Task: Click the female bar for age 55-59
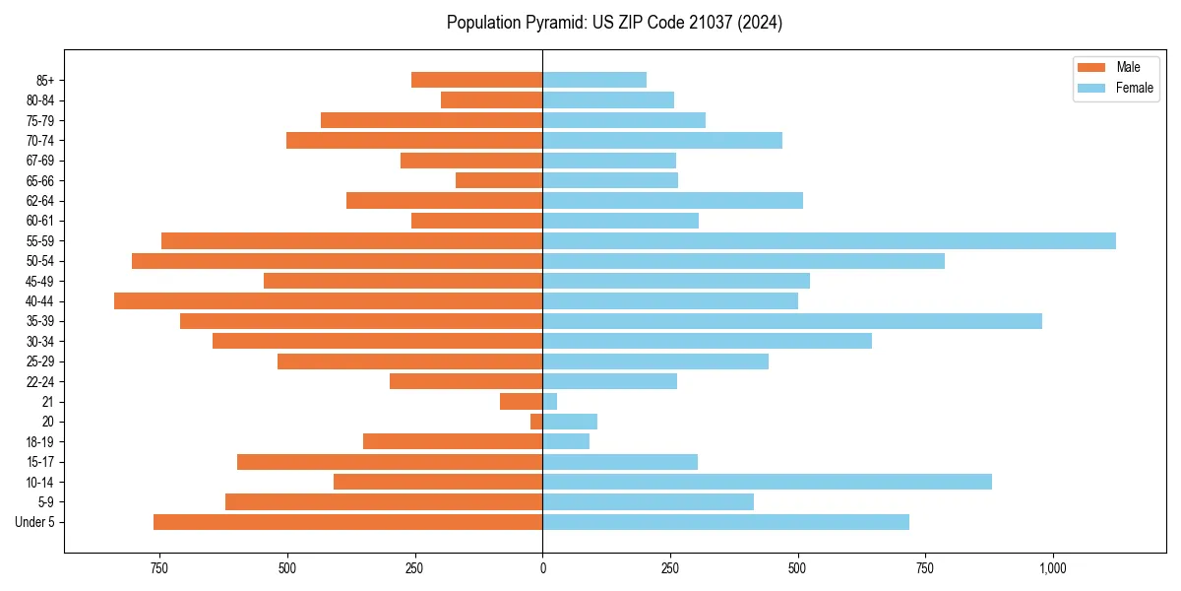click(x=829, y=240)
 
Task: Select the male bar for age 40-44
click(x=328, y=300)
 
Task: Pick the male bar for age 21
click(x=522, y=401)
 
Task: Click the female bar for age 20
click(x=570, y=422)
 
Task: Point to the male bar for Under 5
click(x=347, y=522)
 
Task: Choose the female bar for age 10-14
click(x=767, y=482)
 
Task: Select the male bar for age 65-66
click(x=499, y=180)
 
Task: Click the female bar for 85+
click(x=594, y=80)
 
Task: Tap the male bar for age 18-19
click(x=453, y=441)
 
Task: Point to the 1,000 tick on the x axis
click(x=1053, y=568)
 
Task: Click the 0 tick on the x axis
click(x=542, y=568)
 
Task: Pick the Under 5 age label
click(x=35, y=522)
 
